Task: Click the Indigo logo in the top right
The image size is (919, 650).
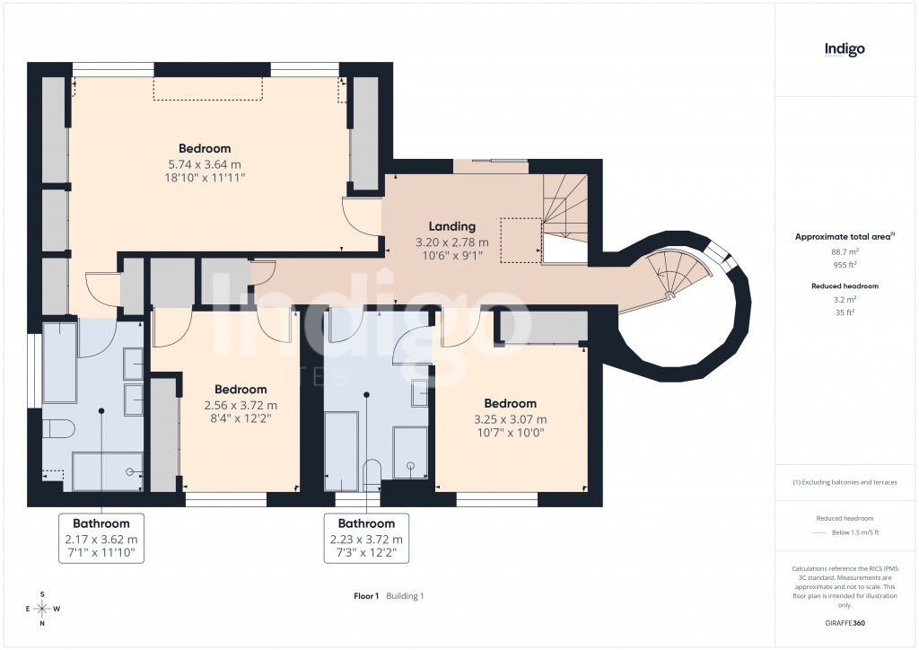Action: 845,49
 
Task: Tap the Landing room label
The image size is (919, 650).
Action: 451,227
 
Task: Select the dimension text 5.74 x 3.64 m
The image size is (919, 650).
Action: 205,164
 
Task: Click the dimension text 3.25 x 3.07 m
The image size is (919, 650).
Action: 510,419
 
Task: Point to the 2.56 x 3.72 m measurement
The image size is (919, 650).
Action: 241,405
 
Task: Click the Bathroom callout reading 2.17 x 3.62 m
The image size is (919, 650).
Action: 101,540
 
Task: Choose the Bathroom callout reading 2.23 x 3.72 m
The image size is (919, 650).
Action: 366,540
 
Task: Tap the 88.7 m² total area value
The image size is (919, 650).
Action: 844,252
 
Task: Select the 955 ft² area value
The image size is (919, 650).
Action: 844,265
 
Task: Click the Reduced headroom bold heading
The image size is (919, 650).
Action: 844,285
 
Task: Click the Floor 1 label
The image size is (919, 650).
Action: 367,596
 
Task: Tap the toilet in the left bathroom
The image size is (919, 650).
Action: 57,428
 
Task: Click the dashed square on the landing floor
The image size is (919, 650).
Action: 520,240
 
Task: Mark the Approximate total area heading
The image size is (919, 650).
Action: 842,237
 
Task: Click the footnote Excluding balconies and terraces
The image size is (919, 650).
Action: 845,482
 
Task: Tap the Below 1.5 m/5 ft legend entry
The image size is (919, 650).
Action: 853,532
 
